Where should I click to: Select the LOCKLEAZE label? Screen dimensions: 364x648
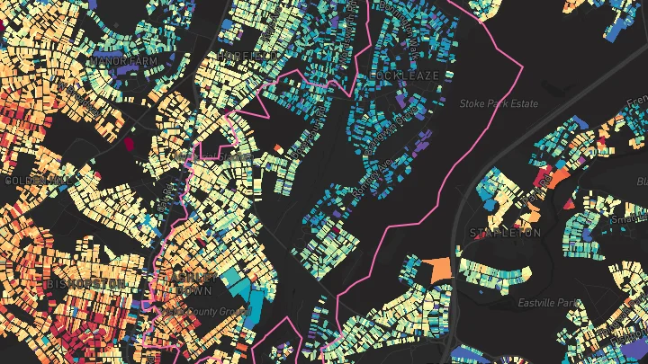409,75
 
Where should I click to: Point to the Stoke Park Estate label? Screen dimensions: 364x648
499,104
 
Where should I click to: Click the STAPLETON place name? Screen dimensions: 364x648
504,233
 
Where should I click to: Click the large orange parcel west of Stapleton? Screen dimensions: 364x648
438,269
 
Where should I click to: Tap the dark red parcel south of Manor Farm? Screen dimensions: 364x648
128,141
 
